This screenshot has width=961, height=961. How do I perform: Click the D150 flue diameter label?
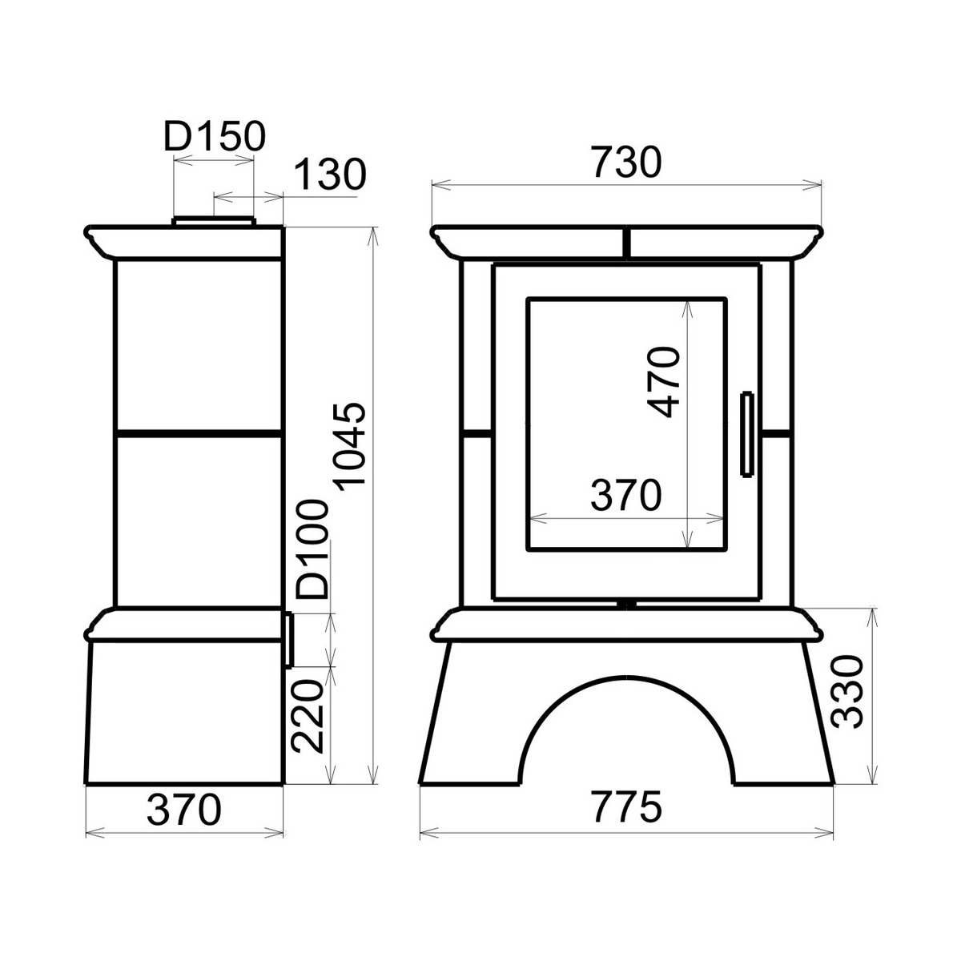tap(215, 136)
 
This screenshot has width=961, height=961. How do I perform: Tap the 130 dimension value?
tap(330, 174)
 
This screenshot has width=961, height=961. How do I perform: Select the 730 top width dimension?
tap(627, 162)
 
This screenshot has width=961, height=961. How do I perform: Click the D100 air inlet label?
tap(312, 549)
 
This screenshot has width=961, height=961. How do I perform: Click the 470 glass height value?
tap(664, 383)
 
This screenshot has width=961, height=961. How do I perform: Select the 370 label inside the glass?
tap(626, 495)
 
